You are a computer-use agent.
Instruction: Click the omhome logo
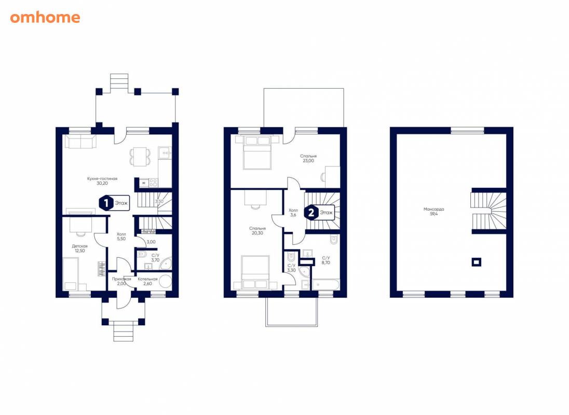tap(45, 18)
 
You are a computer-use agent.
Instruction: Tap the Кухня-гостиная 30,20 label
tap(102, 181)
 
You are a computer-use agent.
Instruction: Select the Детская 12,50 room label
tap(79, 248)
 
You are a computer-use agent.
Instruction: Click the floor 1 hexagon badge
tap(106, 203)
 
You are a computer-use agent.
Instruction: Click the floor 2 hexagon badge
tap(311, 212)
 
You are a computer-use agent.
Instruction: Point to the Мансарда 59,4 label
tap(433, 211)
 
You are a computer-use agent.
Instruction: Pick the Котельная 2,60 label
tap(147, 281)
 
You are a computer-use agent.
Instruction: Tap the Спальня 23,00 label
tap(308, 158)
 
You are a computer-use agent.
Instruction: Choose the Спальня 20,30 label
tap(258, 231)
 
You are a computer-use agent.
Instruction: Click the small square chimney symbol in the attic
tap(476, 261)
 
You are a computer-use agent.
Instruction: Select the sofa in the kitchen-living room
tap(80, 141)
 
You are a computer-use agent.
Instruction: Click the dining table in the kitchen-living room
tap(140, 157)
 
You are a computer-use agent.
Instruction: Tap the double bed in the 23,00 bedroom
tap(257, 152)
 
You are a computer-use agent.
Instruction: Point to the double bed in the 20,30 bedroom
tap(255, 272)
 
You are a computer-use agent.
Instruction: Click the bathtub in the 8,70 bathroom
tap(326, 284)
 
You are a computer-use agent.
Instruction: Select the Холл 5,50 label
tap(121, 237)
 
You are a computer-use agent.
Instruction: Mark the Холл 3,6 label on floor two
tap(293, 212)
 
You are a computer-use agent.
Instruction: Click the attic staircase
tap(489, 211)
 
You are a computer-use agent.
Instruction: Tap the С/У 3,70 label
tap(155, 258)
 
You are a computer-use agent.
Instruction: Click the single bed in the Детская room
tap(71, 274)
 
